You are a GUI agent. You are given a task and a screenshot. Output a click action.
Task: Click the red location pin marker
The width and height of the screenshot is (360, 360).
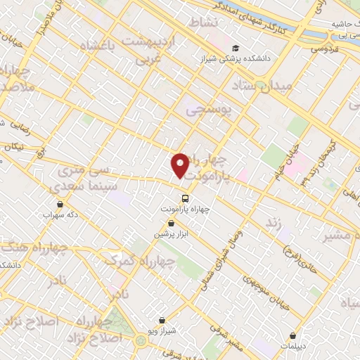click(x=181, y=165)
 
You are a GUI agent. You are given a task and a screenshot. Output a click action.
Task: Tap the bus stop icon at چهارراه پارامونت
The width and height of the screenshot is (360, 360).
click(x=185, y=198)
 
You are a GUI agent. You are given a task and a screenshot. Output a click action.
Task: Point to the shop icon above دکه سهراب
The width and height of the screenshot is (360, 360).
click(x=60, y=205)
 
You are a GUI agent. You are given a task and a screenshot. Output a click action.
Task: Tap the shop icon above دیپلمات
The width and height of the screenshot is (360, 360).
click(x=292, y=335)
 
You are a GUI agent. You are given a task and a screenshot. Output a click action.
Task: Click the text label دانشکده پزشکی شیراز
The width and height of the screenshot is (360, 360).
click(x=268, y=50)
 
